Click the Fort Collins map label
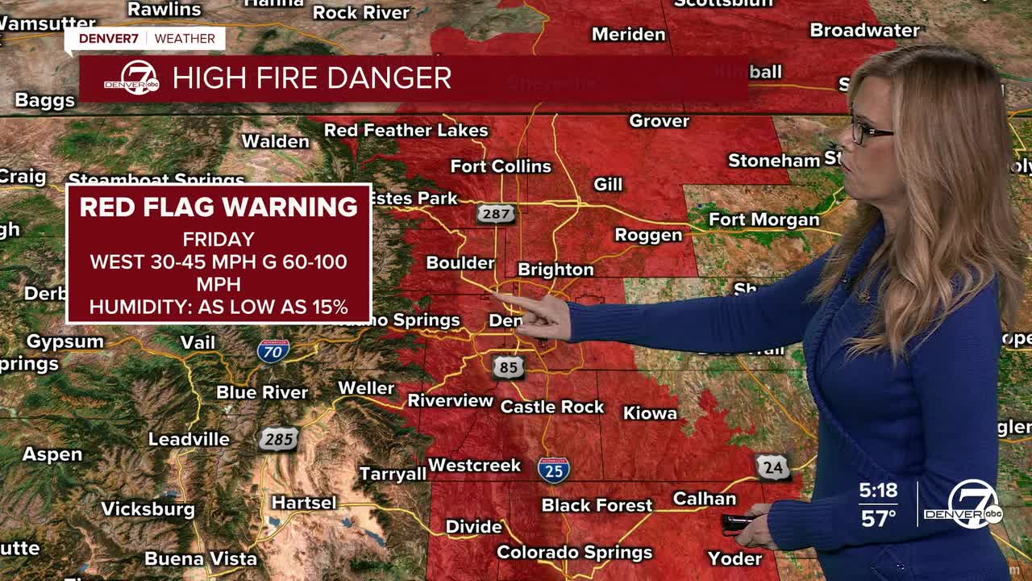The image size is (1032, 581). click(x=501, y=166)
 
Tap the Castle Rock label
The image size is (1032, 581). click(x=552, y=407)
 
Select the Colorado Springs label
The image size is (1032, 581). click(x=574, y=553)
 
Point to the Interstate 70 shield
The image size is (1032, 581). click(x=273, y=350)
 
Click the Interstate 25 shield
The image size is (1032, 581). click(x=554, y=469)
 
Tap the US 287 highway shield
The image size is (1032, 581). click(x=495, y=214)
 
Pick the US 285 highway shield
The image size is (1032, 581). click(x=279, y=439)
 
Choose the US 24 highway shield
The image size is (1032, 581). click(x=772, y=466)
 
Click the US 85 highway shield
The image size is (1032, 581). click(x=508, y=367)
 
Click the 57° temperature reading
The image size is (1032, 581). click(x=878, y=518)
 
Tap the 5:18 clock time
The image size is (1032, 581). click(x=878, y=491)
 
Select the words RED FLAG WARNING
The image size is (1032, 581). click(x=218, y=207)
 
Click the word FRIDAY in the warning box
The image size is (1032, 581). click(x=218, y=240)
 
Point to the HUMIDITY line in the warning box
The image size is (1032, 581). click(x=218, y=307)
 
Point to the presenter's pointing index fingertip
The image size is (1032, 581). click(x=496, y=297)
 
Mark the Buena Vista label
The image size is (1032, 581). click(x=201, y=558)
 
